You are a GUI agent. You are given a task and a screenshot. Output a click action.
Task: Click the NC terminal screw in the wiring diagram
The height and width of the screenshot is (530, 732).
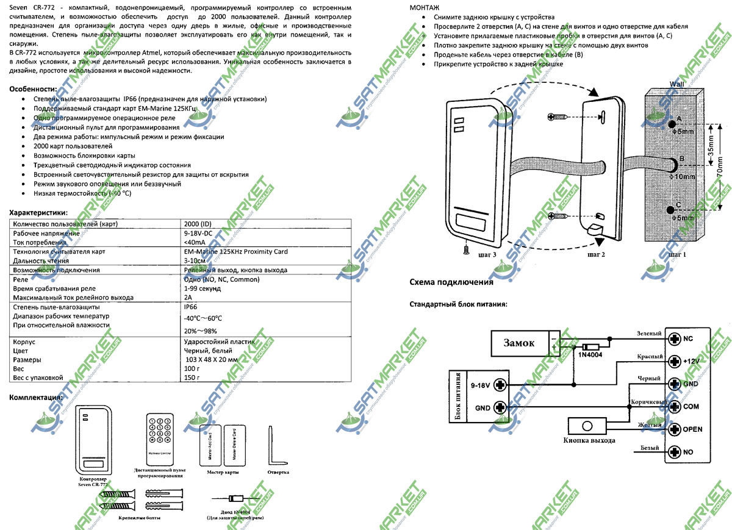coord(673,338)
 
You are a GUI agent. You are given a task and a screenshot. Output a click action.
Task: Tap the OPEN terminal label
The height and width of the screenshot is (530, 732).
coord(692,429)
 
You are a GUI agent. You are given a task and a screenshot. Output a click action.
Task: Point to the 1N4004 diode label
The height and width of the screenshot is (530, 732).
coord(590,355)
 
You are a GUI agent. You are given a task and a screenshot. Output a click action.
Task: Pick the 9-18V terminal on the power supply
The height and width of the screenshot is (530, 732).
coord(500,385)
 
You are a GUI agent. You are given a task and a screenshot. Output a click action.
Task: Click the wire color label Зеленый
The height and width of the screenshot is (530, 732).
coord(649,334)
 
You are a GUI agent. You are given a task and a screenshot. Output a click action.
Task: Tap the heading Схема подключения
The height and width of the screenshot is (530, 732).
coord(451,282)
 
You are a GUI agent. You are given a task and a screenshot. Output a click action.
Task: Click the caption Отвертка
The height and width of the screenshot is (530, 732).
coord(278,472)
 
